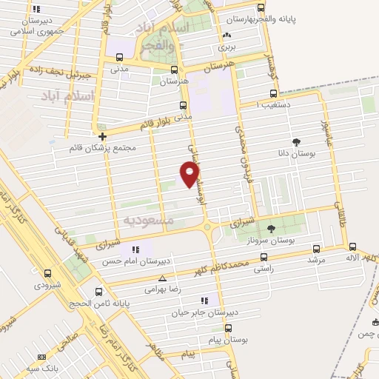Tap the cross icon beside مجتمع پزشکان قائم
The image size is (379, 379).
point(102,136)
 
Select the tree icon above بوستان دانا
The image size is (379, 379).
point(297,141)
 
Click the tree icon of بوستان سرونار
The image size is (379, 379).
point(270,229)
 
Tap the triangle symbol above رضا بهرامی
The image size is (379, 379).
point(163,278)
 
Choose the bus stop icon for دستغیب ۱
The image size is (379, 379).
point(273,94)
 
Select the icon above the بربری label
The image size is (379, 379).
point(226,35)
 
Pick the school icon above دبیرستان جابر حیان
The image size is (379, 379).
point(203,301)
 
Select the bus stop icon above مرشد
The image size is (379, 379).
point(317,249)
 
